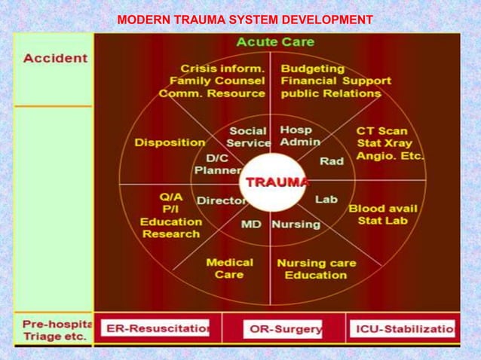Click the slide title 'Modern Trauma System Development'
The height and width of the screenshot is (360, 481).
tap(245, 19)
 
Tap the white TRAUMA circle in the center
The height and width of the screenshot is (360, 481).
tap(274, 182)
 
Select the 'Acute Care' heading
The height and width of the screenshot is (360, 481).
tap(276, 41)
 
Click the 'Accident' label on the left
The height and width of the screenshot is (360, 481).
tap(55, 58)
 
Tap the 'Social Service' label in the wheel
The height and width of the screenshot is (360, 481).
tap(248, 136)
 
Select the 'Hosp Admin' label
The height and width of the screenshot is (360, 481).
tap(300, 136)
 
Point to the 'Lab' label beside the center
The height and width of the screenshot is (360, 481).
tap(326, 200)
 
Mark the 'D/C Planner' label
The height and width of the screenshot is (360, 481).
tap(217, 164)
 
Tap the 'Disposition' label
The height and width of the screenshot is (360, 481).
tap(170, 142)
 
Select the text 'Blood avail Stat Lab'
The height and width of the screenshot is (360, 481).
tap(383, 215)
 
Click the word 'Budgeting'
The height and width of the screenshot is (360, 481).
tap(313, 69)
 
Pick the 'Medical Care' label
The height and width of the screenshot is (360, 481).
tap(229, 269)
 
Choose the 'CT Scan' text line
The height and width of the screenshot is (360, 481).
tap(381, 131)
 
